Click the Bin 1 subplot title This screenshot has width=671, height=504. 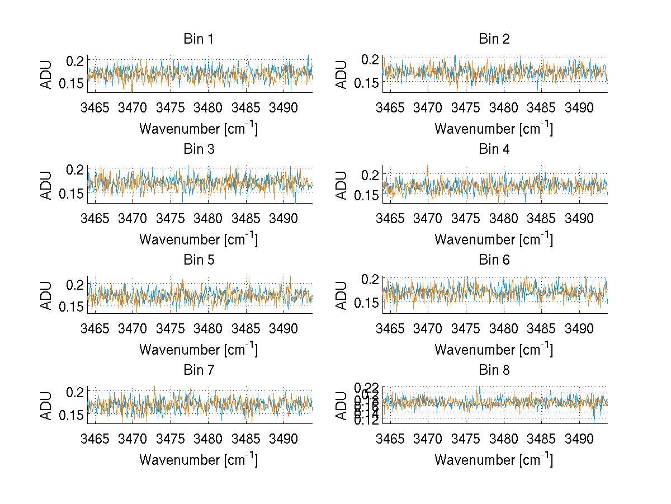point(199,39)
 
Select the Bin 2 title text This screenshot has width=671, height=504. point(494,39)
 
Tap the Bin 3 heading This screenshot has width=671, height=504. point(199,149)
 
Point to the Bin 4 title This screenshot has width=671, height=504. point(494,149)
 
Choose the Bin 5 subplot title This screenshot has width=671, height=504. point(199,260)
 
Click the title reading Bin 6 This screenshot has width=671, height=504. point(494,260)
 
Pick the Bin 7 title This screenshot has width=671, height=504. point(199,370)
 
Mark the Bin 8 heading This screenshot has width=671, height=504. point(494,370)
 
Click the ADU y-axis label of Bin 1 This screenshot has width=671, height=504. point(47,74)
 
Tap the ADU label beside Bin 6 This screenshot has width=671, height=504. point(342,295)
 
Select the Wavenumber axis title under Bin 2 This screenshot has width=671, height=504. point(494,129)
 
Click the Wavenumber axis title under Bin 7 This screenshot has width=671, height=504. point(199,460)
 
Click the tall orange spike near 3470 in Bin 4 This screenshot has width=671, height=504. point(427,167)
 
